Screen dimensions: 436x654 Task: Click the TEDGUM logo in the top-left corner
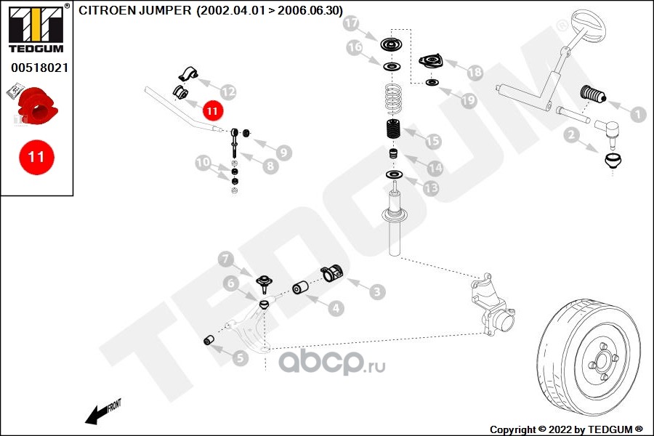pos(36,29)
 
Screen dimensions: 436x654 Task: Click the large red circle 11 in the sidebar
pos(36,156)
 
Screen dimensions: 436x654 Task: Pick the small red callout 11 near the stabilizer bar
pos(211,111)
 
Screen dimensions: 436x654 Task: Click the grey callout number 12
pos(227,92)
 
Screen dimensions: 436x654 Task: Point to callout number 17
pos(351,24)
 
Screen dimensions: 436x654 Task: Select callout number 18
pos(475,73)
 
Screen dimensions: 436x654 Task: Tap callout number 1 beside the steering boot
pos(637,114)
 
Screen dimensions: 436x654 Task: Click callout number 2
pos(571,134)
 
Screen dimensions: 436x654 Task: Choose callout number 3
pos(377,293)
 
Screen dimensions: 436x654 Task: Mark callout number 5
pos(240,357)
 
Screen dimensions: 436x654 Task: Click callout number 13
pos(431,188)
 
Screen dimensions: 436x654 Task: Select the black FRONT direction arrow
pos(94,416)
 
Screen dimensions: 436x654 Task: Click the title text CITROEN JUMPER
pos(135,10)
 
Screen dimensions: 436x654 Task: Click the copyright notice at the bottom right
pos(566,429)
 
